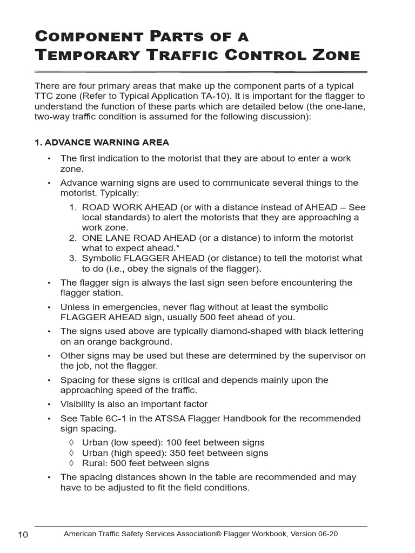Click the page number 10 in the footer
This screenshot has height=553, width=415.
click(x=23, y=535)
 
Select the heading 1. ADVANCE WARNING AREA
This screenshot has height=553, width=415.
click(x=102, y=143)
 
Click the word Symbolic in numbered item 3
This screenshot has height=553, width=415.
click(x=102, y=258)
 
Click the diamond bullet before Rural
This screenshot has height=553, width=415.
click(x=72, y=463)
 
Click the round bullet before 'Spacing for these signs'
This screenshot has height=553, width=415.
click(x=49, y=380)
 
